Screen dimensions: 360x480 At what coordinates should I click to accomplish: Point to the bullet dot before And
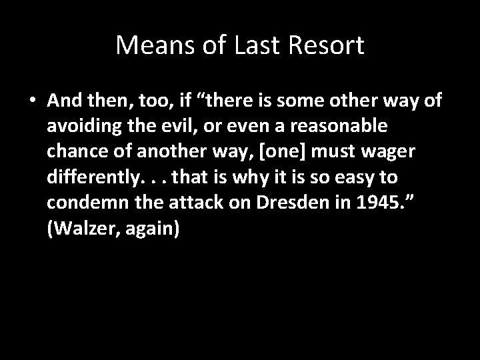(x=33, y=100)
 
